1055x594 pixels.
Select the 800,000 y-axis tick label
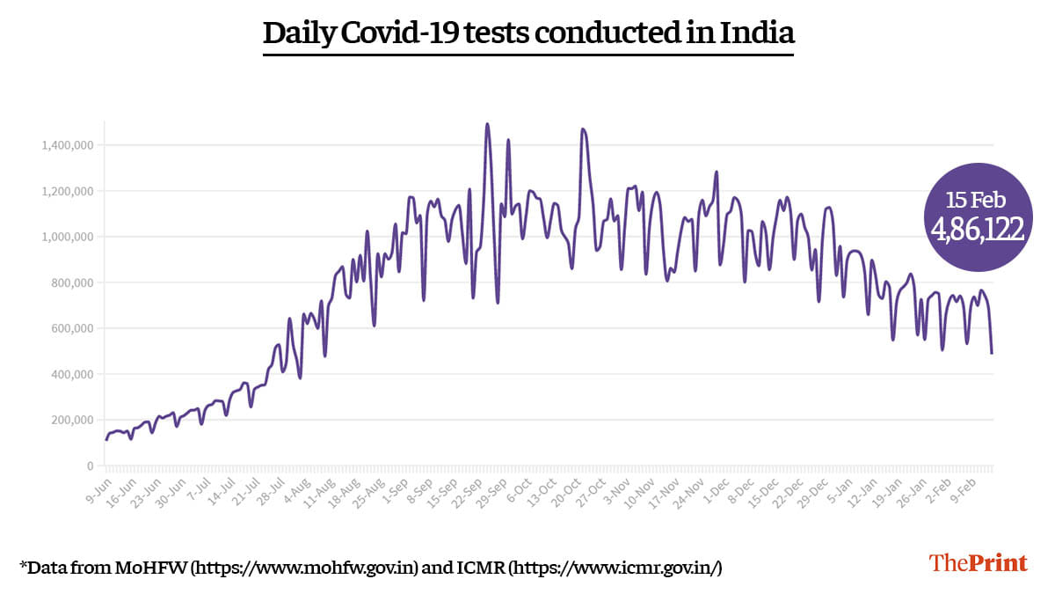70,282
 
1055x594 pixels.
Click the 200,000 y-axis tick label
70,420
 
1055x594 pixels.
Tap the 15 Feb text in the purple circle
976,200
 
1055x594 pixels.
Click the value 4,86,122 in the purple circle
977,229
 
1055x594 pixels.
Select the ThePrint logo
979,563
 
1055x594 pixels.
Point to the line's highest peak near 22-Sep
487,124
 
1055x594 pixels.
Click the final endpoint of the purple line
992,353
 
